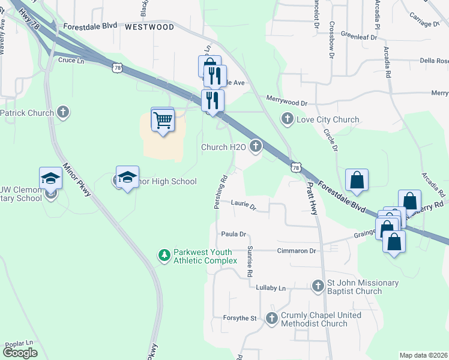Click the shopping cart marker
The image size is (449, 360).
tap(163, 121)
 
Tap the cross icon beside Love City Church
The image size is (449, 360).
tap(288, 119)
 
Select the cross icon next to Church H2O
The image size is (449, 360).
tap(256, 145)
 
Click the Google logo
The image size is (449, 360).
tap(20, 353)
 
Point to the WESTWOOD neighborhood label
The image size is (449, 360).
tap(149, 27)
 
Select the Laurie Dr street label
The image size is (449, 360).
tap(244, 206)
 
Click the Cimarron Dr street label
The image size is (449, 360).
tap(296, 251)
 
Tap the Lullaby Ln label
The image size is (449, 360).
tap(271, 289)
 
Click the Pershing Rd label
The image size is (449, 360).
tap(220, 192)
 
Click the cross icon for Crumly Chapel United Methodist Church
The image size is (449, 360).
tap(272, 319)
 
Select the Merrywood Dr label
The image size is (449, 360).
tap(286, 103)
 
